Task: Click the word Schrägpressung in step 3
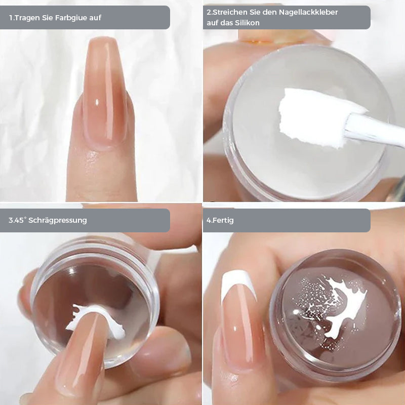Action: pos(58,220)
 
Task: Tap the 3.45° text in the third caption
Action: pos(18,220)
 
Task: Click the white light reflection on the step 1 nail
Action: pos(97,102)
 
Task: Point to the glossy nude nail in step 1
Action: pos(105,91)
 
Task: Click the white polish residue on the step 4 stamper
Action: pos(341,307)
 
